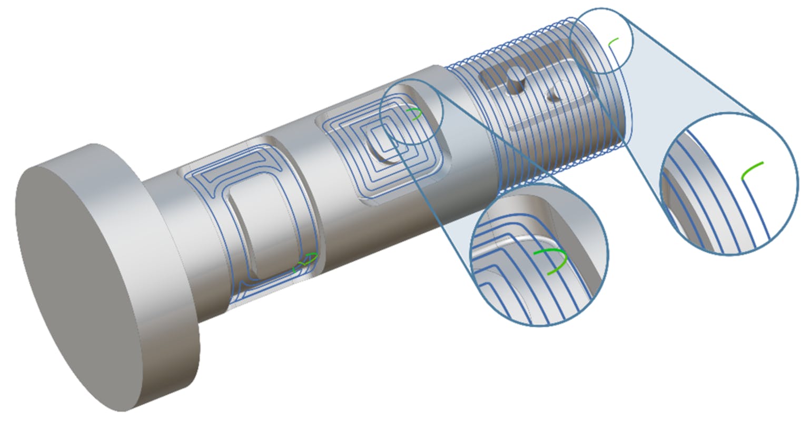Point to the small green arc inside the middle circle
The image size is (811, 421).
point(416,113)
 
